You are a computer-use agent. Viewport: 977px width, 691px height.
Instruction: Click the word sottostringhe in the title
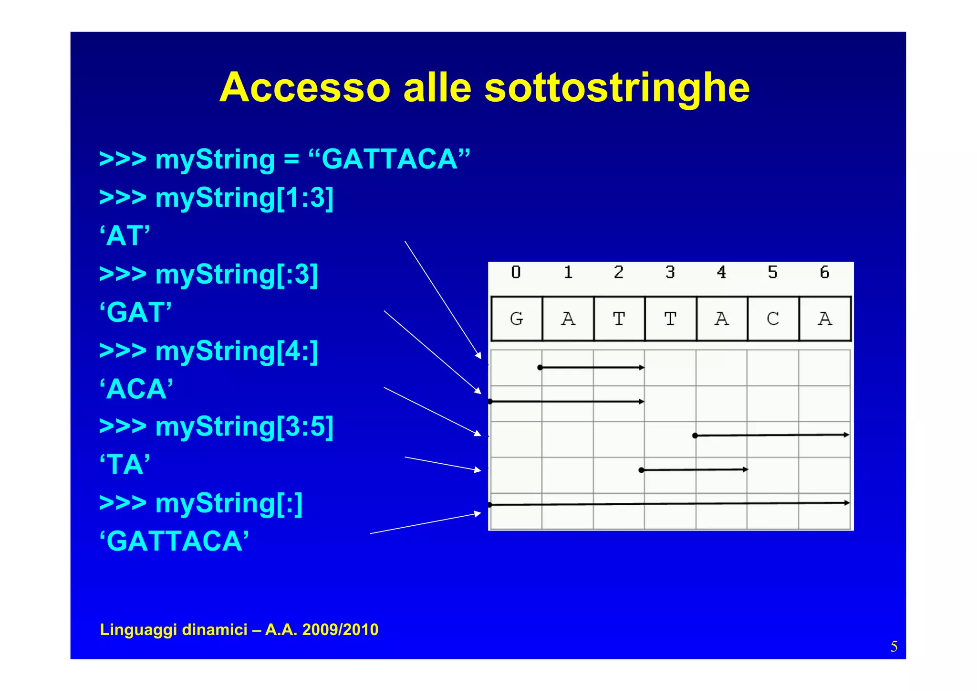pos(617,88)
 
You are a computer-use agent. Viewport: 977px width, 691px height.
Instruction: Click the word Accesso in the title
pos(305,88)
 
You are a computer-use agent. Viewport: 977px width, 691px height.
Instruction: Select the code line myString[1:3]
pos(216,198)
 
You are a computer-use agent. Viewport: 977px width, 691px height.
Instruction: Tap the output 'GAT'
pos(135,313)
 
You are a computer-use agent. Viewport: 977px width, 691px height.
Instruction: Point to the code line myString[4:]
pos(208,351)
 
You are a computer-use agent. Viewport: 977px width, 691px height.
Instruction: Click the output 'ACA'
pos(136,389)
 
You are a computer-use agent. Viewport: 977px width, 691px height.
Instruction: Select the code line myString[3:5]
pos(216,426)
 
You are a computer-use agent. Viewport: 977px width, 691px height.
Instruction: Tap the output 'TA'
pos(125,465)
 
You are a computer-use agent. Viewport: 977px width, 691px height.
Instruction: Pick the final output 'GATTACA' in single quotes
pos(174,542)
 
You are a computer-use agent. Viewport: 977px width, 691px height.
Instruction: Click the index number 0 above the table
pos(516,272)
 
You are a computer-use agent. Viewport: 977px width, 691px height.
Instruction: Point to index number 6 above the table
pos(824,272)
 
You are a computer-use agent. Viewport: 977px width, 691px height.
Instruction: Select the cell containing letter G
pos(517,319)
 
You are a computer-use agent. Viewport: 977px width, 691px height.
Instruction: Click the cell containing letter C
pos(773,319)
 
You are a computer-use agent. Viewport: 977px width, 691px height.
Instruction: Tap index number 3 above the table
pos(670,272)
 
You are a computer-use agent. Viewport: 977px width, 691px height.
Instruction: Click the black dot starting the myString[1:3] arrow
pos(540,368)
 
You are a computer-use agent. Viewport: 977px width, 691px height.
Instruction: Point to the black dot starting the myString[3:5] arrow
pos(642,470)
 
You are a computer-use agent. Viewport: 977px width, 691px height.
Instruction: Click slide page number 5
pos(894,647)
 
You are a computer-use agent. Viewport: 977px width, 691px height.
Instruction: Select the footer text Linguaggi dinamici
pos(174,630)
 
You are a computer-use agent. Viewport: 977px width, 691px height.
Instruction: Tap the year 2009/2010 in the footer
pos(341,630)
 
